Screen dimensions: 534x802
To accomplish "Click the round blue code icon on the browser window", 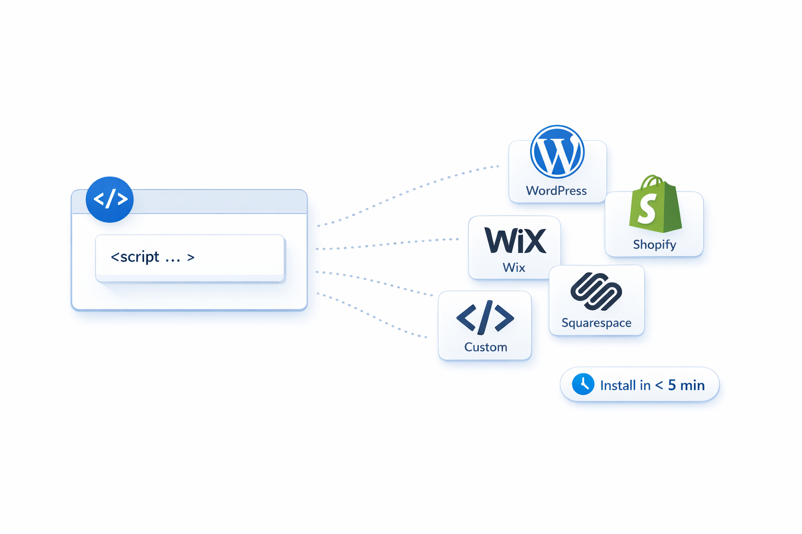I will point(110,199).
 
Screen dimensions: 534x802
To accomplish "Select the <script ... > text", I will point(152,257).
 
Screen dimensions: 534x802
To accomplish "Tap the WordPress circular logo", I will point(557,152).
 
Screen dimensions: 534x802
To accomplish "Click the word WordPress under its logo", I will point(556,191).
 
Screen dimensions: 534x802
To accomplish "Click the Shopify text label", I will point(654,245).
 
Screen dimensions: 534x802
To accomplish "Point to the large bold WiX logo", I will point(515,240).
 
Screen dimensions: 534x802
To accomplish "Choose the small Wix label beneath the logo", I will point(514,268).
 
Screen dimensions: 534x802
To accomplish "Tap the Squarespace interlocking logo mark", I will point(596,291).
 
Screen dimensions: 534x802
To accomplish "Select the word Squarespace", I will point(596,323).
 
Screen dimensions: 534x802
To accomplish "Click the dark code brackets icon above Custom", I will point(485,317).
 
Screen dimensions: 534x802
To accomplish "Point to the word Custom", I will point(486,347).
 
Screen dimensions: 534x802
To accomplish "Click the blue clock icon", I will point(583,384).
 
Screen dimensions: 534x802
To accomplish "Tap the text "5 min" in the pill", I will point(686,385).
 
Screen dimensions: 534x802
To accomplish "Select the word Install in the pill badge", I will point(625,385).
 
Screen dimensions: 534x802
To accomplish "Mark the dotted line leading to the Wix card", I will point(386,244).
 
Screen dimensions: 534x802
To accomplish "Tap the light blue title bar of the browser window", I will point(219,202).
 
